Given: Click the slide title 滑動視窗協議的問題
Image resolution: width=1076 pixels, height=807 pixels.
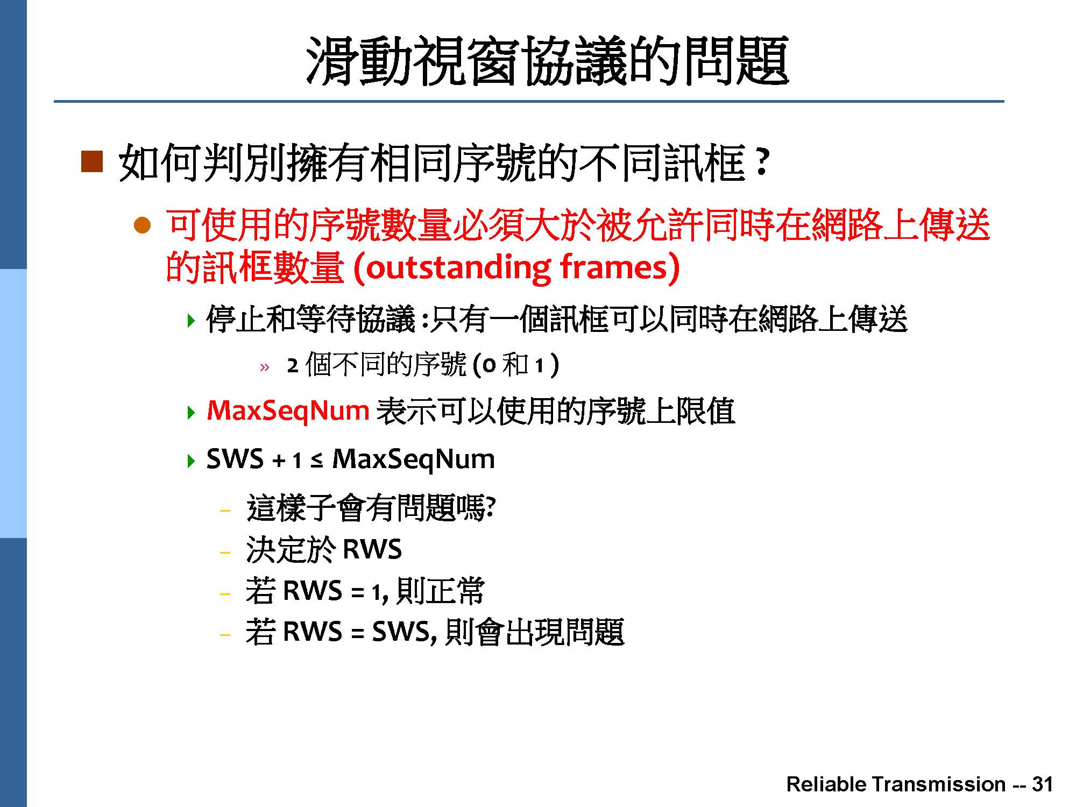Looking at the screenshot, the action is tap(547, 61).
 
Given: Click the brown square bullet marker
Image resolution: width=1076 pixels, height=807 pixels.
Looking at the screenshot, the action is tap(91, 161).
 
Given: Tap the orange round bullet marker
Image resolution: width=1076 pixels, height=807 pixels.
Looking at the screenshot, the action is tap(142, 225).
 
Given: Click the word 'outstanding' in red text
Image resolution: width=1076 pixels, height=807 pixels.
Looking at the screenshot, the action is tap(458, 267).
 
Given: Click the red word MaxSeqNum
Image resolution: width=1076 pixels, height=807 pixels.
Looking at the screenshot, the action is tap(288, 410).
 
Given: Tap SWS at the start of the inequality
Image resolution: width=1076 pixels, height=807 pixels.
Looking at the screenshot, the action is tap(235, 459).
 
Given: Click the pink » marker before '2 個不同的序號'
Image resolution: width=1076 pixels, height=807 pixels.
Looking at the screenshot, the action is tap(264, 368).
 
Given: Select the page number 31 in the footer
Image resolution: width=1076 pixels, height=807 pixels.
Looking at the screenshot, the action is tap(1042, 784).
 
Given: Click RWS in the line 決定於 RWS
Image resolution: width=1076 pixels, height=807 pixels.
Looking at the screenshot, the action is tap(372, 550).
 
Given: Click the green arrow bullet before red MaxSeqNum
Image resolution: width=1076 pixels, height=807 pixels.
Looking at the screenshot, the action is tap(191, 413).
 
